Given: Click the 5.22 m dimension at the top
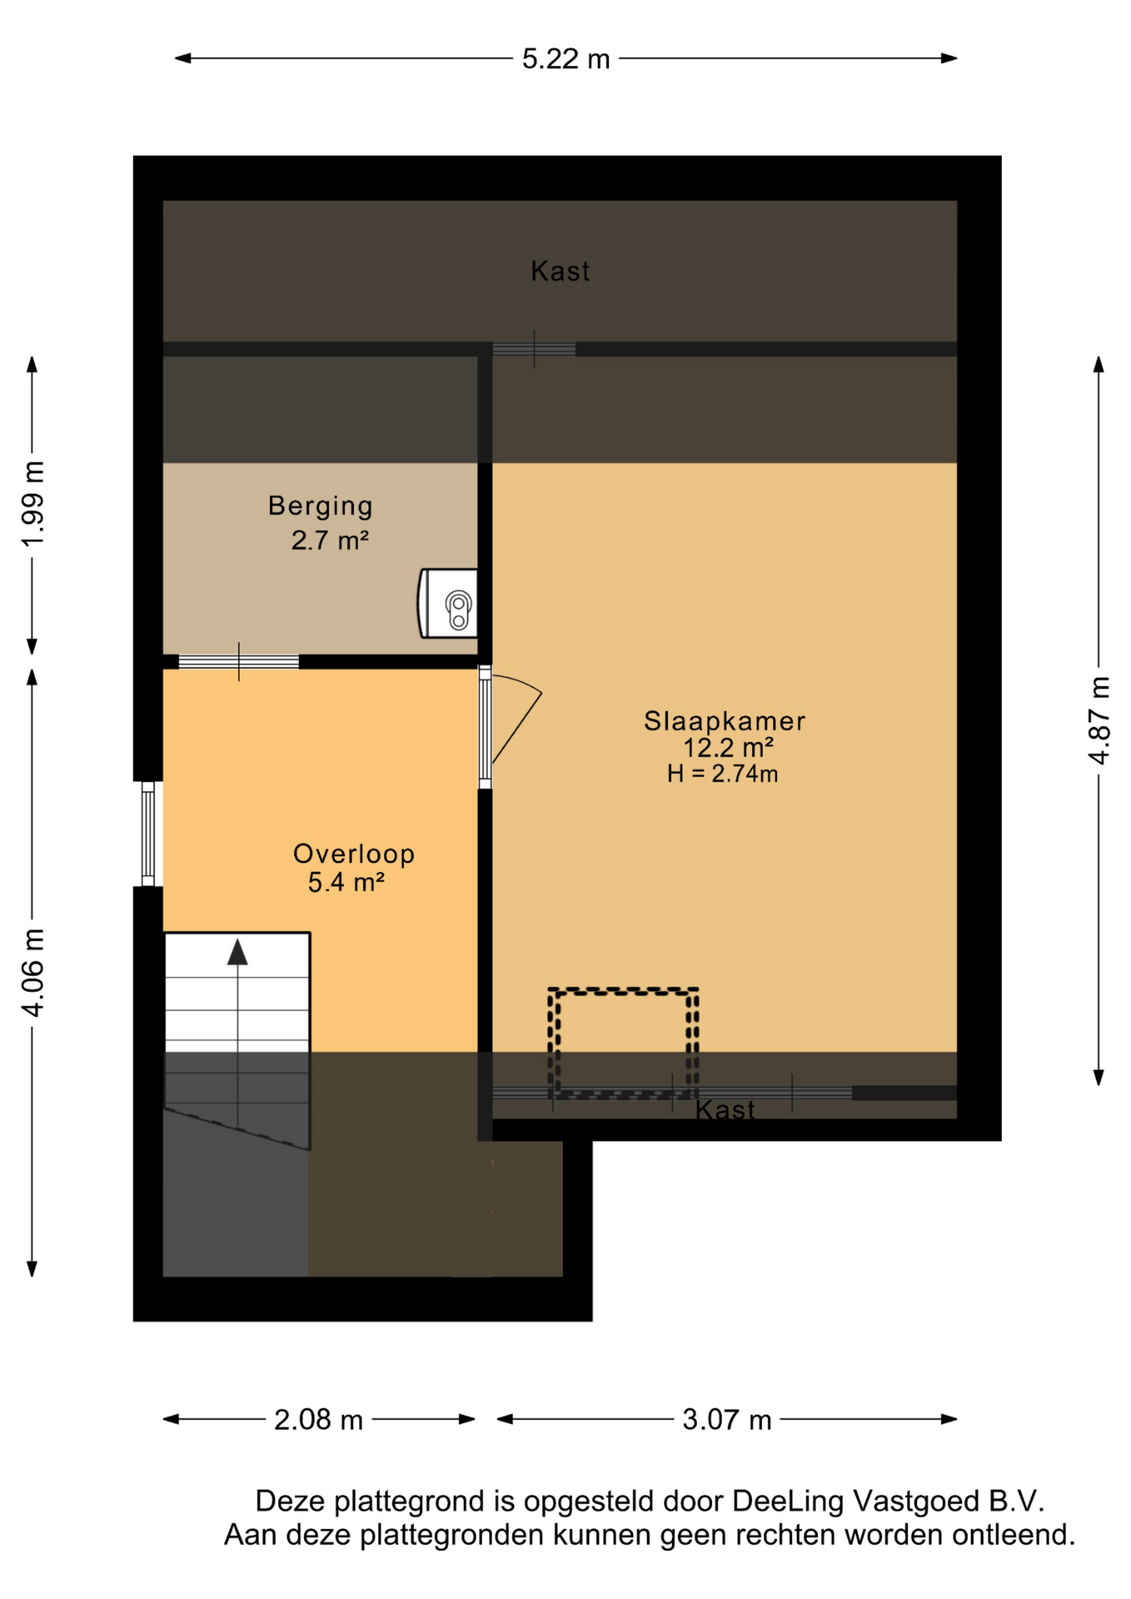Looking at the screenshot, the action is [565, 59].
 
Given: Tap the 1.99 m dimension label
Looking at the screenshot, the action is [33, 504].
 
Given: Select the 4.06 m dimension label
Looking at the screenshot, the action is [33, 972].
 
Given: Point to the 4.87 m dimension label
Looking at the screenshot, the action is [1099, 720].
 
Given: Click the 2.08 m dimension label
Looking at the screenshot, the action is [318, 1419].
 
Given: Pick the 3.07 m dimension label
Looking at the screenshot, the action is [726, 1419].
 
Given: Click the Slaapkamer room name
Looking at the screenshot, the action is [725, 720].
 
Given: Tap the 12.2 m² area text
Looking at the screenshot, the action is [728, 747].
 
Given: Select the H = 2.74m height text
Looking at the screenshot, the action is [722, 774].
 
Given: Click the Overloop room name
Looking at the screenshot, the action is [354, 854].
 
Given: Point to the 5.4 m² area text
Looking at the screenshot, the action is [346, 881].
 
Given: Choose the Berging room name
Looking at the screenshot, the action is [321, 506].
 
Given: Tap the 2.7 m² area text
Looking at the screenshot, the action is [330, 540].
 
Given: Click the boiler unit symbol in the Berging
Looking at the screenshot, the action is [448, 604].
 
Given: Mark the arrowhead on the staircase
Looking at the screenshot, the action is [238, 952].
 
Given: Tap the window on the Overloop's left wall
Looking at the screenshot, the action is [148, 834].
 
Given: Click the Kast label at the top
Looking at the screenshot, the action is [561, 271].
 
